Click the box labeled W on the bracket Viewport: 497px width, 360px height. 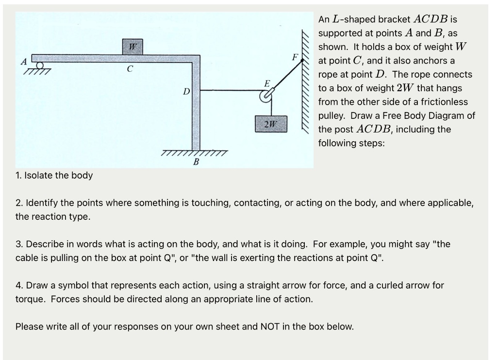click(x=133, y=47)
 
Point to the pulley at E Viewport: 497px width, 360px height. click(x=265, y=97)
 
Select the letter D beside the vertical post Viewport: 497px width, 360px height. click(x=185, y=91)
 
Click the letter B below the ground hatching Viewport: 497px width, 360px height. click(x=196, y=162)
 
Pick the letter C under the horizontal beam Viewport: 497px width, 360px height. click(x=129, y=69)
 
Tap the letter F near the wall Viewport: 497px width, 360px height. click(x=294, y=56)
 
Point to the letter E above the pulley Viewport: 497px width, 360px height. click(x=266, y=83)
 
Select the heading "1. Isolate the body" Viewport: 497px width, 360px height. click(x=54, y=175)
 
